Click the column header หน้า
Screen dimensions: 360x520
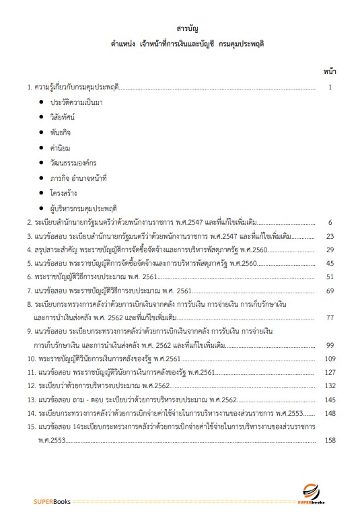(330, 70)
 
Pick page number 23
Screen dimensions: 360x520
(330, 237)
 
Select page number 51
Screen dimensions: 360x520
(330, 276)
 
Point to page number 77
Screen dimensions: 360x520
(330, 317)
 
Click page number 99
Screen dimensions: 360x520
(330, 345)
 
